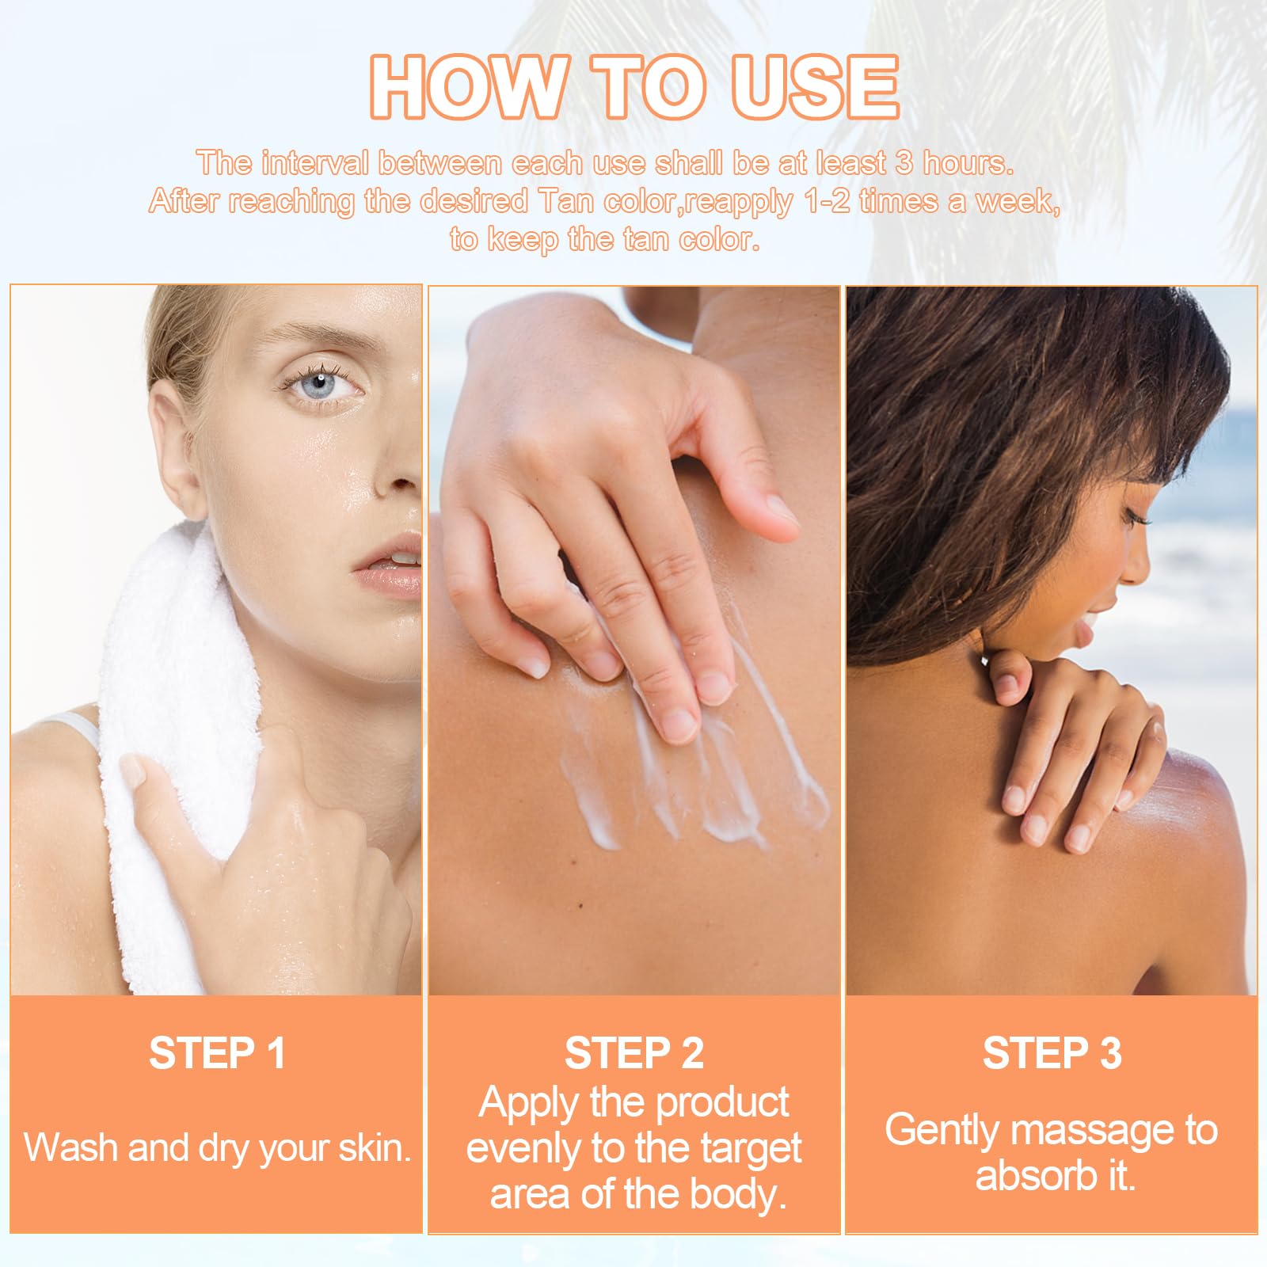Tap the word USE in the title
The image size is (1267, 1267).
point(815,87)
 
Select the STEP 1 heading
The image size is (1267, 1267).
point(217,1054)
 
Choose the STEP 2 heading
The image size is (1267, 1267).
point(634,1054)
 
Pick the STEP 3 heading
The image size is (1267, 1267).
point(1052,1054)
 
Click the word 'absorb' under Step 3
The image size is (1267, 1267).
point(1033,1175)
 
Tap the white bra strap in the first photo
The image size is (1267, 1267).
point(75,729)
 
